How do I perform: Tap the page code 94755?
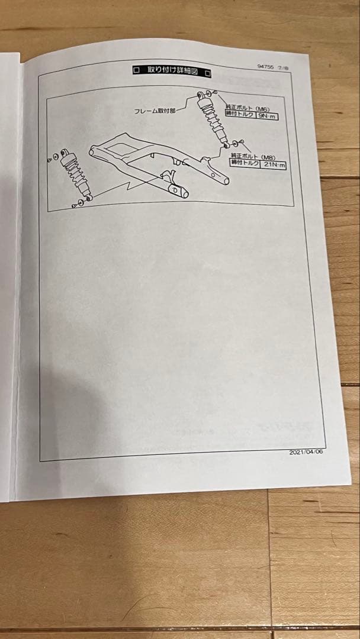click(265, 66)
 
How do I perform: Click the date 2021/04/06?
click(306, 453)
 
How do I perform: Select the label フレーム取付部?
click(155, 111)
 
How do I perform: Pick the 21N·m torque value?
click(272, 164)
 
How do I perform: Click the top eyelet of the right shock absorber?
click(200, 95)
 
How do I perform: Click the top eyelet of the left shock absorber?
click(64, 153)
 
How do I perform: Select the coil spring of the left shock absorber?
click(73, 170)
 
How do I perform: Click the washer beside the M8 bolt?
click(234, 143)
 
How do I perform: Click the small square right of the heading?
click(207, 73)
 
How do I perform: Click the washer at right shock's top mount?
click(209, 93)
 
